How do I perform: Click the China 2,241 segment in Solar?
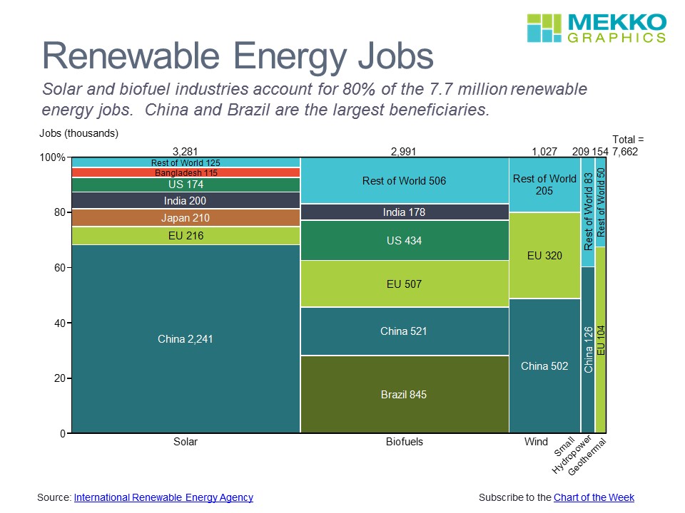tap(186, 339)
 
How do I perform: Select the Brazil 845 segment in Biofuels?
tap(404, 394)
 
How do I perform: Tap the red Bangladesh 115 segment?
tap(186, 172)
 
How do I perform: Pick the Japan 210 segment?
tap(186, 218)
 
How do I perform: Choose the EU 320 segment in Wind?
tap(544, 255)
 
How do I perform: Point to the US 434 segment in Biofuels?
tap(404, 241)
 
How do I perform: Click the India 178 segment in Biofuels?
tap(404, 212)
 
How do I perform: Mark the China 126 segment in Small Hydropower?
tap(588, 350)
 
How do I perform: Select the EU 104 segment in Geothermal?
tap(601, 340)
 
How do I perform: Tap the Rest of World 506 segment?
tap(404, 181)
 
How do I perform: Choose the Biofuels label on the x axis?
tap(404, 442)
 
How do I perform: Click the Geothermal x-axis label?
tap(592, 457)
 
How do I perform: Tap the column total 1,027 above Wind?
tap(544, 151)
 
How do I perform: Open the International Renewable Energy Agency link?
tap(163, 497)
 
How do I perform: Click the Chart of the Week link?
tap(594, 497)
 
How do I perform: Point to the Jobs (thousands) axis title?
tap(78, 133)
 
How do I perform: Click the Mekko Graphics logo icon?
tap(544, 28)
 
